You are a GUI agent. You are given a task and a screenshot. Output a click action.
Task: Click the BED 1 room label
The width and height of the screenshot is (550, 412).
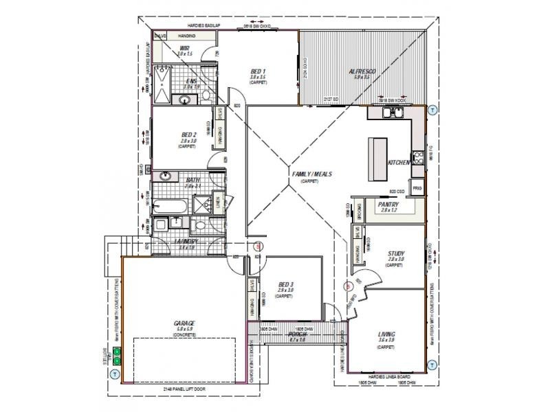tap(256, 71)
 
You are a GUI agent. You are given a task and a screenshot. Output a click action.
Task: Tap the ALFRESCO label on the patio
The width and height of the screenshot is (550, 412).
tap(361, 71)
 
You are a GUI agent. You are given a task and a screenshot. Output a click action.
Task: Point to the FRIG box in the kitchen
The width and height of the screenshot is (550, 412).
tap(417, 187)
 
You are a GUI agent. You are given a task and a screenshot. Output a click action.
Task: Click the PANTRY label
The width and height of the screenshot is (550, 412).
tap(389, 204)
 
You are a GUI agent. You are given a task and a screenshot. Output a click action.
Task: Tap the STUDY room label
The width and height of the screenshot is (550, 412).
tap(395, 253)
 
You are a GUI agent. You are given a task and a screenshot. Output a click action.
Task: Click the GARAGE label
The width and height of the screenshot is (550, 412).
tap(185, 323)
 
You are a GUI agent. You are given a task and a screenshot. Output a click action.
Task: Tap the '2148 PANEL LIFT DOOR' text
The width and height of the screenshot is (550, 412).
tap(184, 389)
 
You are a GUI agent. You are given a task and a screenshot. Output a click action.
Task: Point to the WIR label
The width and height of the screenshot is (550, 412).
tap(185, 48)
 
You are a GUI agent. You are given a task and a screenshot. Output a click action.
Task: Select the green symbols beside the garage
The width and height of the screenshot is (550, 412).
tap(117, 356)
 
